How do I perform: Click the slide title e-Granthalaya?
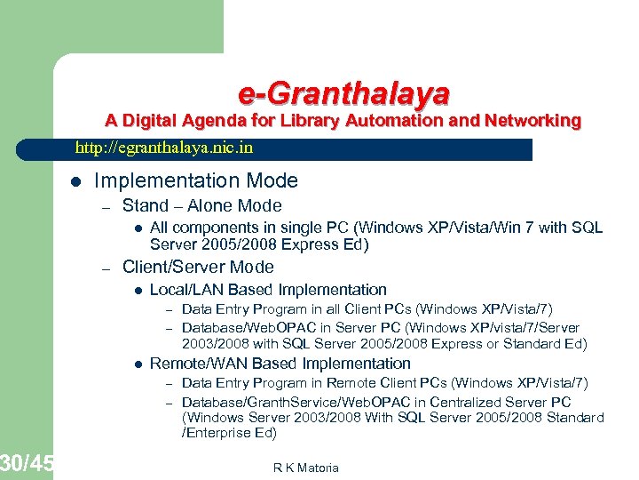pos(343,92)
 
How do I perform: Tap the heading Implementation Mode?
pos(195,181)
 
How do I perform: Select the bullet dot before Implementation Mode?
pos(75,182)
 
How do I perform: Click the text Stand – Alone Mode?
pos(201,206)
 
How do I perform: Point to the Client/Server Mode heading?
pos(198,268)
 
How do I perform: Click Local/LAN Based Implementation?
pos(268,290)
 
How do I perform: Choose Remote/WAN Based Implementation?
pos(280,364)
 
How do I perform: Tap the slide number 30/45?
pos(27,463)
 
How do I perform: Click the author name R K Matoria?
pos(307,468)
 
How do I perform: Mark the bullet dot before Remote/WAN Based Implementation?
pos(138,364)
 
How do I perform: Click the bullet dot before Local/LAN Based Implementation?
pos(138,291)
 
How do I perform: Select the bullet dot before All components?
pos(138,228)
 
